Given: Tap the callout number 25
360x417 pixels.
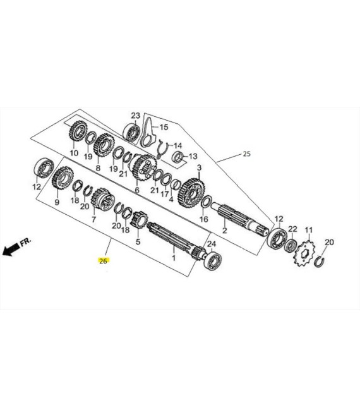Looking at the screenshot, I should tap(246, 154).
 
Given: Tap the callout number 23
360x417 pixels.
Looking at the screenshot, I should tap(135, 115).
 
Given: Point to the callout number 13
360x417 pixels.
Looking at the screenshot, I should tap(193, 156).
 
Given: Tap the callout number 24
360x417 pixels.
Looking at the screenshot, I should tap(212, 243).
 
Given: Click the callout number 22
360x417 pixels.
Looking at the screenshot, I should tap(292, 229).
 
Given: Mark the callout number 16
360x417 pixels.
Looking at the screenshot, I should tap(203, 219).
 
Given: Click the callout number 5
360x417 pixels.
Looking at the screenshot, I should tap(138, 241).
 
